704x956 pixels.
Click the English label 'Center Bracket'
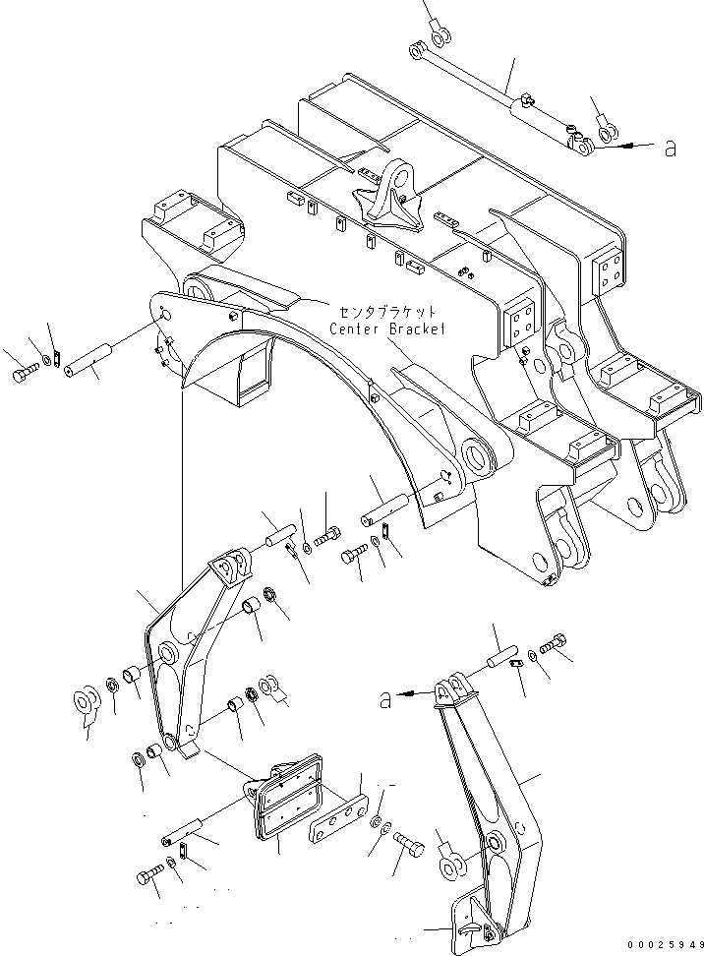(x=387, y=329)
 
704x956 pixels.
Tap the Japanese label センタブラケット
(x=384, y=312)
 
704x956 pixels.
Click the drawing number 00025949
(x=661, y=946)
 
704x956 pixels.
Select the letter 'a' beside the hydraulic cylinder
(x=671, y=148)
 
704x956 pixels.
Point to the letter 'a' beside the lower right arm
(x=386, y=699)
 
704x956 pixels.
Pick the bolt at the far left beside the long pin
(x=24, y=375)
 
